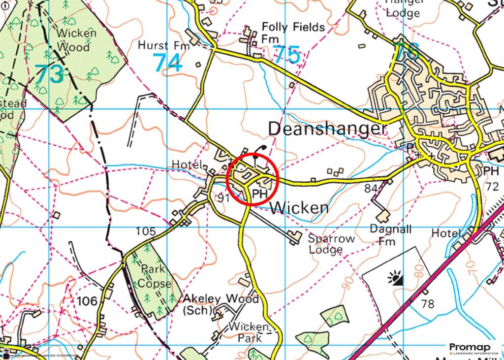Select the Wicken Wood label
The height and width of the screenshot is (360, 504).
[73, 40]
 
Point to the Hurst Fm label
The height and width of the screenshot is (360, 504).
[160, 46]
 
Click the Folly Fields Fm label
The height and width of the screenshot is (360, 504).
[286, 32]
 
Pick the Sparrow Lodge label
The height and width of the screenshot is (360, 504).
[331, 244]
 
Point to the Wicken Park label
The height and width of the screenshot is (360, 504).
[251, 332]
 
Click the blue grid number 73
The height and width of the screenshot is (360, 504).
[50, 74]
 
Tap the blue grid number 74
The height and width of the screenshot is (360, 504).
[167, 63]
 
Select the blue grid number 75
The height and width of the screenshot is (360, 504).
[286, 55]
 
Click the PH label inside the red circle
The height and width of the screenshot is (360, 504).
[259, 195]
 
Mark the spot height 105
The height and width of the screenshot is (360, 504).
[146, 231]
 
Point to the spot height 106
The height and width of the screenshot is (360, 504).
[87, 300]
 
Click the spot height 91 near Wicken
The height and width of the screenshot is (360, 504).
[224, 197]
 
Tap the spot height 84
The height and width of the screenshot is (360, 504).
[371, 188]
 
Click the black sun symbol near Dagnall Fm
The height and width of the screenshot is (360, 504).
[396, 280]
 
